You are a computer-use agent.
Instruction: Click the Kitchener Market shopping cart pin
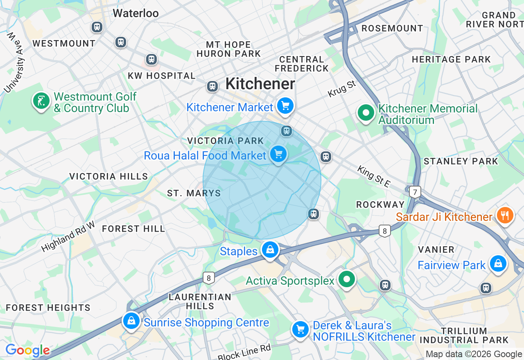point(285,106)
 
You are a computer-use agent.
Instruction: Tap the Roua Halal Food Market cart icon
point(278,155)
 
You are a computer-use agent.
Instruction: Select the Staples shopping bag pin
point(270,250)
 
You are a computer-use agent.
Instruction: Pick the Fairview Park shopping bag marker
point(498,263)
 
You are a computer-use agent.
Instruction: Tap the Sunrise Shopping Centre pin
point(131,321)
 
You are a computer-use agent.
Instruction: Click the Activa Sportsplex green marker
point(347,280)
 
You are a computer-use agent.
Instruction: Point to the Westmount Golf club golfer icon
point(41,101)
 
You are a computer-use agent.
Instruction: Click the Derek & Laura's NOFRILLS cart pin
point(300,329)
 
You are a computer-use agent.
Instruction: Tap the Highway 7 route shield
point(415,191)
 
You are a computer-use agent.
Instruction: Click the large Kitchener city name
point(260,84)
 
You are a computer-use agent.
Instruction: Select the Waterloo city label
point(136,13)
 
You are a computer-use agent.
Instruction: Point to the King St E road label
point(373,176)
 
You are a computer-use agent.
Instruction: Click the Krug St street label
point(342,89)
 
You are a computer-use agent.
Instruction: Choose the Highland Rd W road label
point(68,236)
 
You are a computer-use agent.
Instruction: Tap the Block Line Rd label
point(244,351)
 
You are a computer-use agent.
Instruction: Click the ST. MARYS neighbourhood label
point(194,193)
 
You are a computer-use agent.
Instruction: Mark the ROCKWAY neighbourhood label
point(380,205)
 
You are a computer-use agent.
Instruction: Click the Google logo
point(27,351)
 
